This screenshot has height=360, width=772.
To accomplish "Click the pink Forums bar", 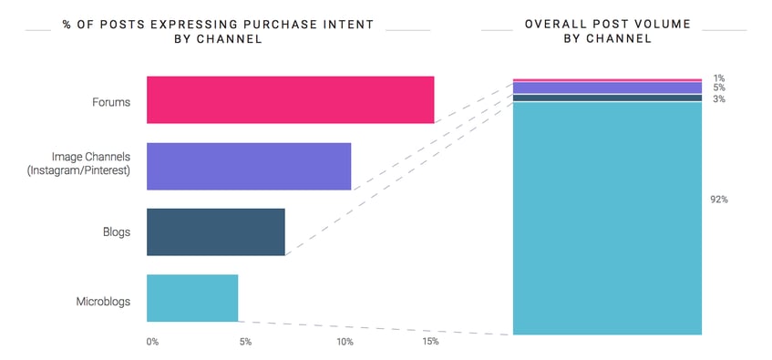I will click(x=290, y=99).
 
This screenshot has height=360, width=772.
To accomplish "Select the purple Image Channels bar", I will click(x=249, y=166).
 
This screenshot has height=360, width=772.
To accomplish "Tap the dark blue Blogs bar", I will click(x=215, y=232).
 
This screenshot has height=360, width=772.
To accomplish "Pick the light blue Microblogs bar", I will click(x=192, y=298).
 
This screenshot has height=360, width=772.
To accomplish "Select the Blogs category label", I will click(x=116, y=232).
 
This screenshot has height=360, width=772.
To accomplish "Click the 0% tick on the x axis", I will click(x=152, y=342).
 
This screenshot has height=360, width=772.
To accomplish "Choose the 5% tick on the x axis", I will click(x=245, y=342).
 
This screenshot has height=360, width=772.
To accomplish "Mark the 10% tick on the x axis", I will click(x=345, y=342).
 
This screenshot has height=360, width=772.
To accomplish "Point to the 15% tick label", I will click(x=430, y=342).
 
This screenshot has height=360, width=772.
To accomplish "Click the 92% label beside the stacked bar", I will click(x=718, y=199).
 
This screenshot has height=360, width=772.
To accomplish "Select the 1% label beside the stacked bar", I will click(x=719, y=77).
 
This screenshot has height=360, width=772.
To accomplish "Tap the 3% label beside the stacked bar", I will click(x=719, y=98).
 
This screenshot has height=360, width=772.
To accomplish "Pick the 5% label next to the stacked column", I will click(x=719, y=88).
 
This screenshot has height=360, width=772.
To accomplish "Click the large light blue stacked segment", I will click(x=607, y=219).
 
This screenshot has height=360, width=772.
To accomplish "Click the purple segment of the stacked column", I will click(x=607, y=88).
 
